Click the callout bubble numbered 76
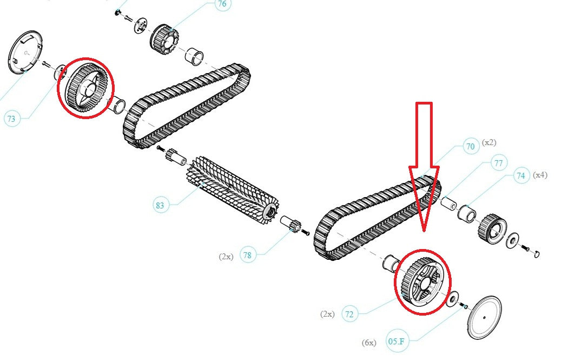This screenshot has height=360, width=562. pos(222,4)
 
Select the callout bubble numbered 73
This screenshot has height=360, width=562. pos(11,119)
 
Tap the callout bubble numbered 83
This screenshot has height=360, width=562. pos(160,205)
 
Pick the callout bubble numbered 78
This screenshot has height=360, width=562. pos(247,255)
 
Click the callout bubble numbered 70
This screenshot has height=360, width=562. pos(470,146)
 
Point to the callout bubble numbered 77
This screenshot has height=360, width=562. pos(498,163)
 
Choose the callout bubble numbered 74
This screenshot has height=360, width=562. pos(521,175)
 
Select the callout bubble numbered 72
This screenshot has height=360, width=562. pos(349,314)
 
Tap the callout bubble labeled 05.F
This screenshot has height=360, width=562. pos(396,341)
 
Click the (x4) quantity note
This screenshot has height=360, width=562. pos(540,175)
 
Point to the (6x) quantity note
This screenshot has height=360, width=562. pos(369,343)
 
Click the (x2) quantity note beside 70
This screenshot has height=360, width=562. pos(489,142)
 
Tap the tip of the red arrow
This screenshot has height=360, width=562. pos(424,231)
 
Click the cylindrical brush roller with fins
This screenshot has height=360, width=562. pos(233,192)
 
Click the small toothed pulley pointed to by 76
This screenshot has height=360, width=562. pos(164,40)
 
